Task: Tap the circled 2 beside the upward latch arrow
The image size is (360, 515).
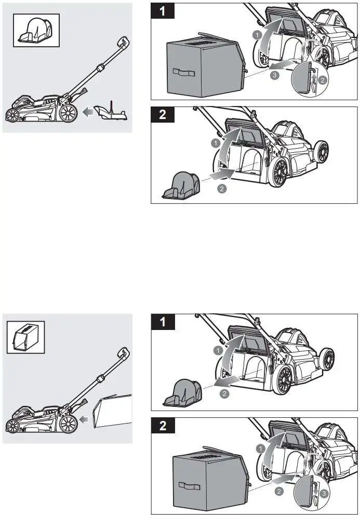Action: coord(322,80)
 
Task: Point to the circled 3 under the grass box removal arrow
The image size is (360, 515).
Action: coord(276,76)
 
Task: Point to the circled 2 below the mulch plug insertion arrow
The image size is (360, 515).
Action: coord(222,189)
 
